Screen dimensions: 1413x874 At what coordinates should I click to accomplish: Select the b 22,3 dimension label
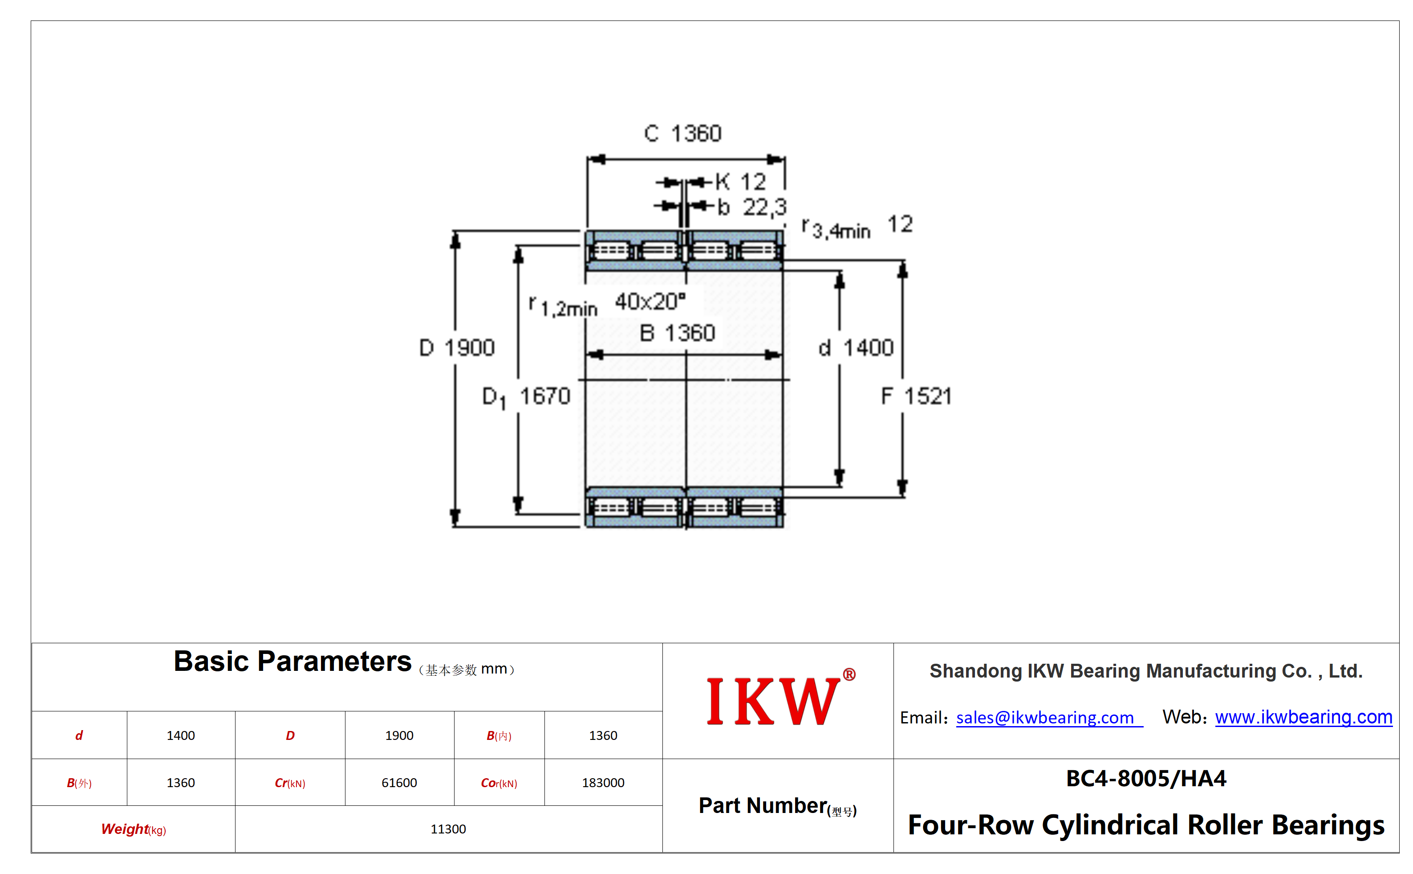[751, 207]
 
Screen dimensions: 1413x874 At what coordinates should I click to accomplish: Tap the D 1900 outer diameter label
[456, 347]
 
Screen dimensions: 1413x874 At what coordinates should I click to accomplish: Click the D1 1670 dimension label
[526, 396]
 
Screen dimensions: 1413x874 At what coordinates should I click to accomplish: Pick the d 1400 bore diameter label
[856, 347]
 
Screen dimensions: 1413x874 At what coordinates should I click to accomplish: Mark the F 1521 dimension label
[916, 396]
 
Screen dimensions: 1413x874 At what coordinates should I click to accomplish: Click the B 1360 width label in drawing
[677, 333]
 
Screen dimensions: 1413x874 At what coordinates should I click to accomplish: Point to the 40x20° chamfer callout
[650, 301]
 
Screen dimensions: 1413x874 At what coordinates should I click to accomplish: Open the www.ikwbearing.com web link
[1303, 717]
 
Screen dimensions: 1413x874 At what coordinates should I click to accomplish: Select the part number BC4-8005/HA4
[1145, 779]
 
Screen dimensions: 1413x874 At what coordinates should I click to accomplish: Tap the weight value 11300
[448, 829]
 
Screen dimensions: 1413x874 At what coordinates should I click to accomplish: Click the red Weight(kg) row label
[134, 829]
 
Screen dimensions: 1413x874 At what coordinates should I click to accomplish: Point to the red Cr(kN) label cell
[290, 783]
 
